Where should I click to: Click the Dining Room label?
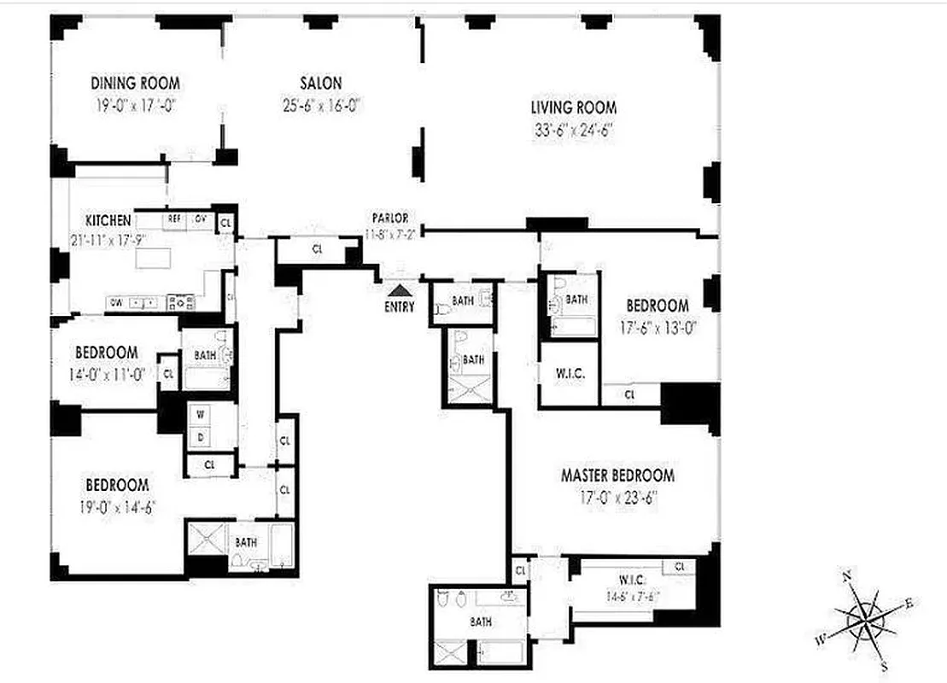tap(135, 83)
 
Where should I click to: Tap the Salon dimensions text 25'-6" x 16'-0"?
tap(320, 107)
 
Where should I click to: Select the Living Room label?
tap(573, 108)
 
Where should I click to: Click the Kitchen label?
tap(108, 219)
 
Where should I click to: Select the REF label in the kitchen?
tap(174, 219)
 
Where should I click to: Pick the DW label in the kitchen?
tap(115, 302)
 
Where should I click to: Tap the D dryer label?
tap(200, 436)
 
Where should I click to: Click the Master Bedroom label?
tap(617, 476)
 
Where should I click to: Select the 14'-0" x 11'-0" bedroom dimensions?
tap(106, 373)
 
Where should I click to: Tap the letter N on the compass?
tap(848, 577)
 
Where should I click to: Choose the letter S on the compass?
tap(884, 666)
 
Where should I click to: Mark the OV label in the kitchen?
tap(201, 219)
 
